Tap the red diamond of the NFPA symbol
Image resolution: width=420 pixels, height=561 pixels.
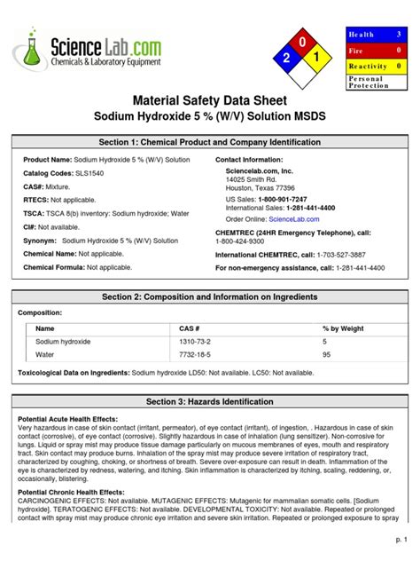click(x=303, y=42)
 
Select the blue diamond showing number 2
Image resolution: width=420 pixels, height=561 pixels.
click(x=285, y=59)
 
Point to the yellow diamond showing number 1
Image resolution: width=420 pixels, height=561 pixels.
click(x=320, y=59)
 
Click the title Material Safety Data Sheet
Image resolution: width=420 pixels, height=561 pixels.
click(x=210, y=101)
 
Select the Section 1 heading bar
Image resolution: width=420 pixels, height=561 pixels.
click(x=210, y=143)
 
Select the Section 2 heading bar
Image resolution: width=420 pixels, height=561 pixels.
click(x=210, y=296)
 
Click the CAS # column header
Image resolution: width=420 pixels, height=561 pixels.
click(x=190, y=328)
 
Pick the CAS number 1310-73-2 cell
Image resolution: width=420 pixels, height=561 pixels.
click(x=197, y=341)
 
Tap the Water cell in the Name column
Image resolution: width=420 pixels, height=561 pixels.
click(x=45, y=354)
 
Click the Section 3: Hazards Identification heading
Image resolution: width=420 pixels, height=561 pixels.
click(x=210, y=401)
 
